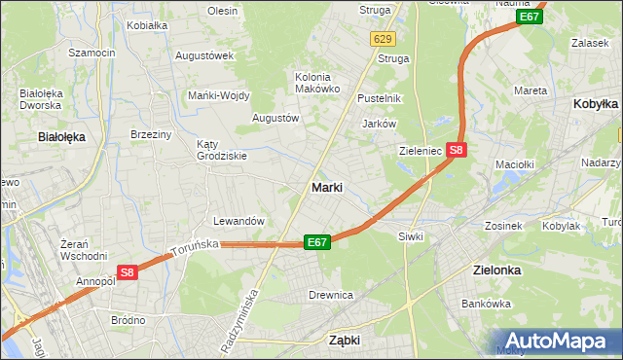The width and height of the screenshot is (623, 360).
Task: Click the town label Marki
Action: tap(326, 187)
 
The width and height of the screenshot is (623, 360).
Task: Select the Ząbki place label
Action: tap(345, 341)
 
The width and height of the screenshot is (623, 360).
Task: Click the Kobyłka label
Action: tap(597, 103)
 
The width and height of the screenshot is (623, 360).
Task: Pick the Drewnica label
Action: tap(330, 295)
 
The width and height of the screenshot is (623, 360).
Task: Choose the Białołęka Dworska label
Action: tap(41, 100)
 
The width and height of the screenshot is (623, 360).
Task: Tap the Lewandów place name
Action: tap(239, 221)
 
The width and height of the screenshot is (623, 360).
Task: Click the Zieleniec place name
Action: tap(421, 151)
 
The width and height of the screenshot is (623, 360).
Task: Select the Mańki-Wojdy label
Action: tap(219, 95)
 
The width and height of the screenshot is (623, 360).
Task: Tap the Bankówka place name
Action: tap(487, 304)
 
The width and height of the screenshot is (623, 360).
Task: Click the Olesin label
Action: tap(222, 11)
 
